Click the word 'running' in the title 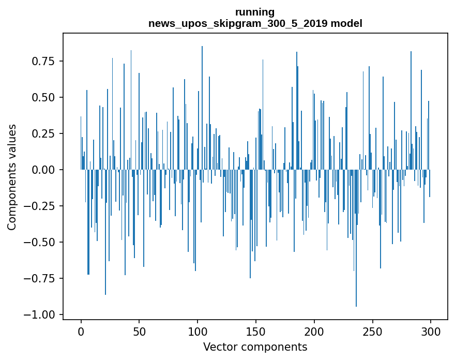(x=255, y=12)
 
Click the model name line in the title (x=255, y=23)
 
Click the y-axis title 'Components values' (x=12, y=177)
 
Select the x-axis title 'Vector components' (x=255, y=347)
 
